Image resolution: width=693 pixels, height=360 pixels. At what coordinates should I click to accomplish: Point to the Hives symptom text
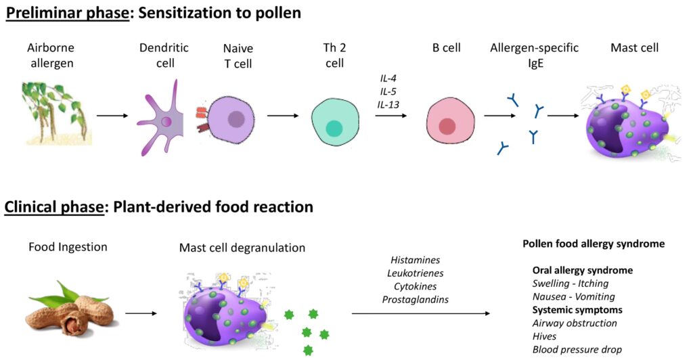point(544,336)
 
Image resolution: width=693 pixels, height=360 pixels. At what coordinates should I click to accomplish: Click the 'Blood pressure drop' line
point(577,349)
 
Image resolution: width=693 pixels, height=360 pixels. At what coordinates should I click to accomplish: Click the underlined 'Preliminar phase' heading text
point(67,14)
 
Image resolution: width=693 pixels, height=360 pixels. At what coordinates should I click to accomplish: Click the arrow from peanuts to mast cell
point(141,313)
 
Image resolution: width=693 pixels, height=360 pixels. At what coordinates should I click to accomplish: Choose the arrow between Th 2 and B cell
point(391,115)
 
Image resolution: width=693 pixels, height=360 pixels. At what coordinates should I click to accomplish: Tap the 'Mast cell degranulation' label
point(242,248)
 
